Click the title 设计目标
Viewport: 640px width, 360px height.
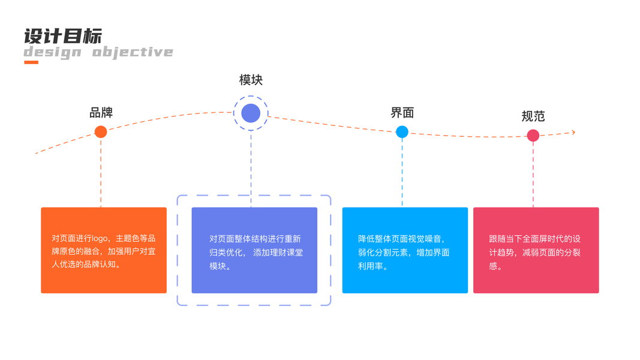tap(63, 35)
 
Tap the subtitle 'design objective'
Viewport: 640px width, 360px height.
tap(98, 52)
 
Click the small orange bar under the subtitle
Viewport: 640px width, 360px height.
tap(31, 62)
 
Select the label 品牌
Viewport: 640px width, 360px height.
tap(101, 112)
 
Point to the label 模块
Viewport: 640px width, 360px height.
tap(251, 80)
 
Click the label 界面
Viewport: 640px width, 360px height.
tap(402, 112)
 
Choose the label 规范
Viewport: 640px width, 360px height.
tap(533, 116)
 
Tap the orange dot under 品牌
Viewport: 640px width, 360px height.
tap(101, 132)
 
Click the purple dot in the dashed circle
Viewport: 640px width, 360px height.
tap(251, 113)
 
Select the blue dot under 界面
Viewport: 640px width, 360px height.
tap(402, 132)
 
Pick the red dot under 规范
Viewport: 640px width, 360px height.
tap(533, 136)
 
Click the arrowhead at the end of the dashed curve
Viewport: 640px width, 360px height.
tap(573, 133)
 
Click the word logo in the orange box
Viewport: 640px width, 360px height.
tap(101, 238)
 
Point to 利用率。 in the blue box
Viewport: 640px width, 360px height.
tap(373, 266)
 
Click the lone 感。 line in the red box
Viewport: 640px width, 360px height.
tap(496, 266)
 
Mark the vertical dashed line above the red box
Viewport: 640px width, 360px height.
tap(533, 175)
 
